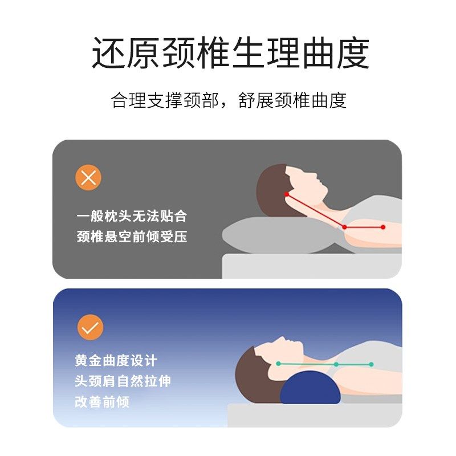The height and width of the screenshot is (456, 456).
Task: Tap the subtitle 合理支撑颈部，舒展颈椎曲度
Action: tap(229, 100)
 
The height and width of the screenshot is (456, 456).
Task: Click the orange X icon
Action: tap(88, 178)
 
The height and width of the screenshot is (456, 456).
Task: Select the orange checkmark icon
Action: tap(90, 327)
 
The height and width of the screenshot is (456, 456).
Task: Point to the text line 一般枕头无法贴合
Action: tap(132, 217)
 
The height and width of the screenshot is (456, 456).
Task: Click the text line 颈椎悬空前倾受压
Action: tap(132, 237)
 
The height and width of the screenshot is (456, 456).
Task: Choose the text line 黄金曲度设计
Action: tap(116, 361)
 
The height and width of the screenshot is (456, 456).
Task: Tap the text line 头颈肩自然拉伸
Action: tap(123, 381)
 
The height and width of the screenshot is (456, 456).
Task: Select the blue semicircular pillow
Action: tap(311, 388)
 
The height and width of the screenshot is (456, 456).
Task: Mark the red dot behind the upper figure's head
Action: tap(287, 194)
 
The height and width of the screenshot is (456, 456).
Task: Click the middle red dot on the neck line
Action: tap(344, 227)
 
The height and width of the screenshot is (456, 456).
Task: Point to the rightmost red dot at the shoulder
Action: tap(383, 227)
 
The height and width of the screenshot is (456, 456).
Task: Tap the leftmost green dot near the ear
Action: tap(278, 363)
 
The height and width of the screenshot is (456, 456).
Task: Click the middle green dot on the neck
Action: tap(336, 364)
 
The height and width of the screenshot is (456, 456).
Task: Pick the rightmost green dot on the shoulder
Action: tap(371, 364)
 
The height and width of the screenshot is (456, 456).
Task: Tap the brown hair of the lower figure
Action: tap(251, 373)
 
